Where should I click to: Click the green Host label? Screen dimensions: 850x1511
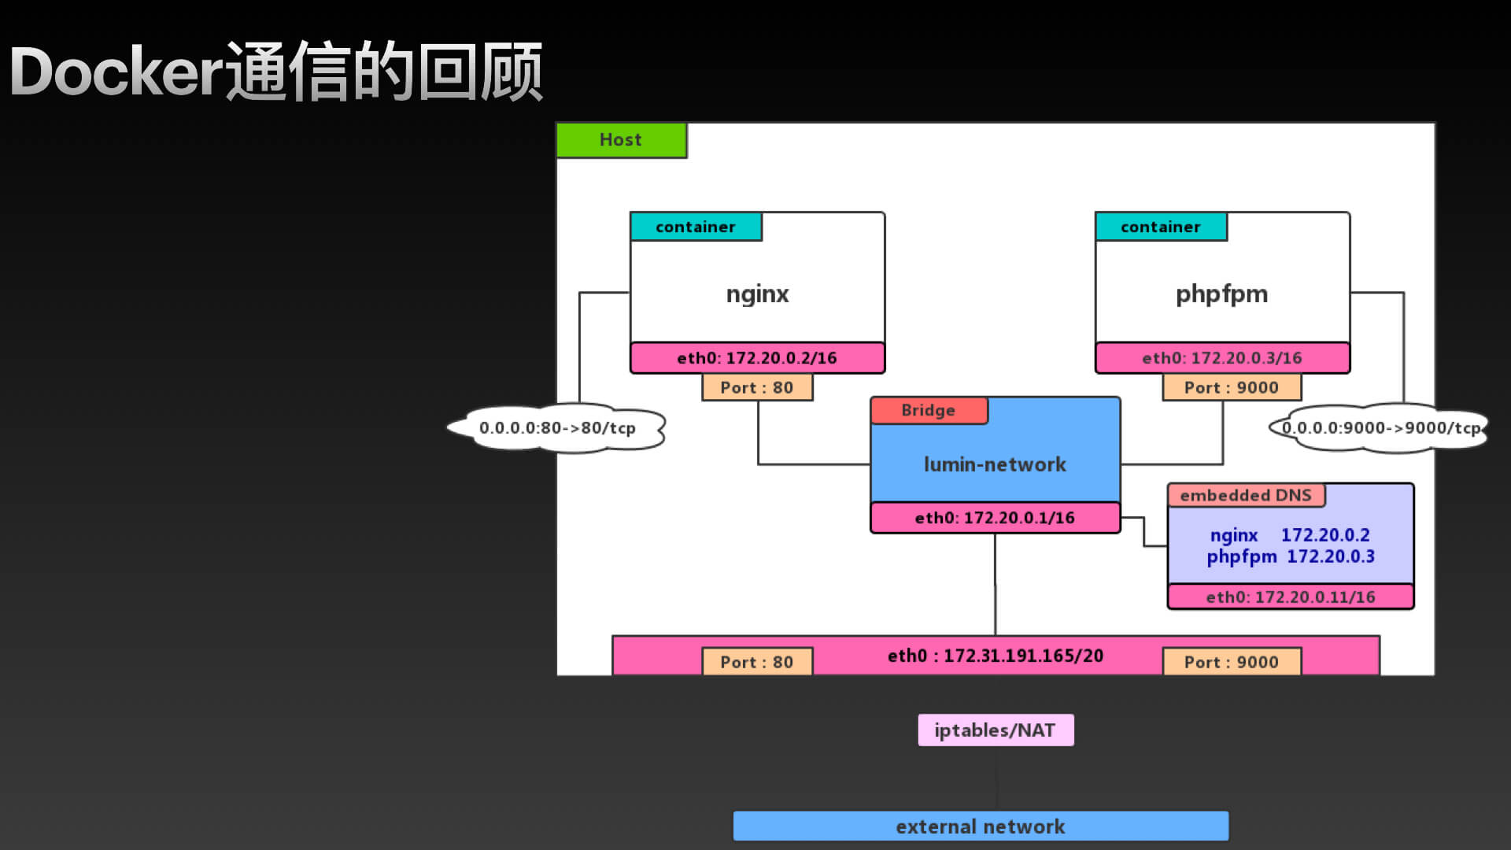[x=621, y=140]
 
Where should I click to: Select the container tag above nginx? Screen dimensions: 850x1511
[x=696, y=227]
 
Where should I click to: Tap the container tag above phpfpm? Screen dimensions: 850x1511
[x=1161, y=227]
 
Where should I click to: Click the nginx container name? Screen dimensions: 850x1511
[x=757, y=294]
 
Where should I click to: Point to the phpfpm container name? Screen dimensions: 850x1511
[x=1221, y=294]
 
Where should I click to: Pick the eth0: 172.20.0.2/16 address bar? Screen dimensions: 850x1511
[x=757, y=358]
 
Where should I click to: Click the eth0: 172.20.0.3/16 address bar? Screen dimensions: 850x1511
[x=1222, y=358]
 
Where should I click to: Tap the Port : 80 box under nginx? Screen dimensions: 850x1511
[x=757, y=387]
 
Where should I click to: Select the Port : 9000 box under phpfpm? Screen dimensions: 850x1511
[x=1232, y=387]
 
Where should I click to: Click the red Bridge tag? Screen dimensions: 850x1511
[x=929, y=410]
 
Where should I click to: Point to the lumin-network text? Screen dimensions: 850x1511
[x=995, y=464]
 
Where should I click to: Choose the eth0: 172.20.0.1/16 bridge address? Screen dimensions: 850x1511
[x=995, y=518]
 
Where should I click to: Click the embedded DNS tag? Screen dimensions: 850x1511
[x=1246, y=495]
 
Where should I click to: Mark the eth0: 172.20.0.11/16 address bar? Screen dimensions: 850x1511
[x=1291, y=597]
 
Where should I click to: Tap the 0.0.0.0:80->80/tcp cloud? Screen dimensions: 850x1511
[x=557, y=428]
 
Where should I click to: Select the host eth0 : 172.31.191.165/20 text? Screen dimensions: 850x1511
[x=996, y=656]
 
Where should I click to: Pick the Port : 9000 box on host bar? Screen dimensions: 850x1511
[x=1232, y=662]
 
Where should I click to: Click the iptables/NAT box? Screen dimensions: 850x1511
[x=996, y=730]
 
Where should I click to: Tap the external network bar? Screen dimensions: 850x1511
[x=981, y=826]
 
